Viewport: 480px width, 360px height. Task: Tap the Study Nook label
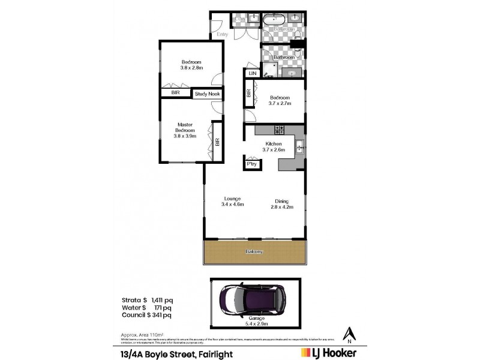(206, 94)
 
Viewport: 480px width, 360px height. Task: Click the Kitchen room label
(273, 145)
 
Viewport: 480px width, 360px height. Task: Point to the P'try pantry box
(250, 163)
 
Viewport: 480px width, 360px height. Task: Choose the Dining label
(282, 201)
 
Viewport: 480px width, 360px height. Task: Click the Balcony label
(254, 251)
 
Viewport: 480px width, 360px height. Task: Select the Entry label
(223, 34)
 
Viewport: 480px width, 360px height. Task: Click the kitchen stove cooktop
(279, 129)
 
